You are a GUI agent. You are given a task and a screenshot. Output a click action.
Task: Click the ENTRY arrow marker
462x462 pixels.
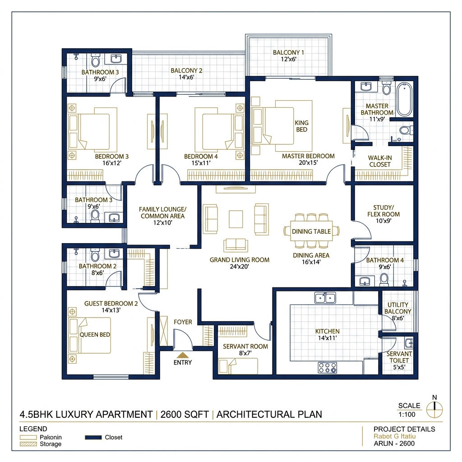click(182, 355)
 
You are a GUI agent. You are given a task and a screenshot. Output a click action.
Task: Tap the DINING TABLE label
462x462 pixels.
click(311, 231)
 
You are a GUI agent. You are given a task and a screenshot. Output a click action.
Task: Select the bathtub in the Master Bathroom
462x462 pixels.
click(404, 98)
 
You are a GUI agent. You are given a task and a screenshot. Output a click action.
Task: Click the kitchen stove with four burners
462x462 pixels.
click(328, 368)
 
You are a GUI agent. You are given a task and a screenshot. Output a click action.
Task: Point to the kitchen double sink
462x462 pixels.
click(325, 298)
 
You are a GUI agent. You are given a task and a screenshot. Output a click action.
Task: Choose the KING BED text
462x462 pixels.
click(301, 126)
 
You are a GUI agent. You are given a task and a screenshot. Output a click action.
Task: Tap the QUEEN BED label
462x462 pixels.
click(95, 335)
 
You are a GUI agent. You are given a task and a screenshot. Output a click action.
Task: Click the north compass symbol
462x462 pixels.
click(434, 409)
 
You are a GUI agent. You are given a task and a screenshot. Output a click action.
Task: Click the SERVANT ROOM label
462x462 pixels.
click(245, 346)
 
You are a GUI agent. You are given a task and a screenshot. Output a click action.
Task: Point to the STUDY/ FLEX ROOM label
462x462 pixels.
click(383, 211)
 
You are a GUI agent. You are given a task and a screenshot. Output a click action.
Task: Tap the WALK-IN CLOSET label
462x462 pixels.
click(379, 161)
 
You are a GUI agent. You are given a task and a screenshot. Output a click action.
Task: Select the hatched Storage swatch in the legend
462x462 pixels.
click(28, 444)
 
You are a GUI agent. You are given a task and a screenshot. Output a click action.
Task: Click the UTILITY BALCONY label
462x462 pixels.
click(398, 308)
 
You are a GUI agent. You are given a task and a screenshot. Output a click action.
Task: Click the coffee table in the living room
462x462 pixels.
click(236, 219)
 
